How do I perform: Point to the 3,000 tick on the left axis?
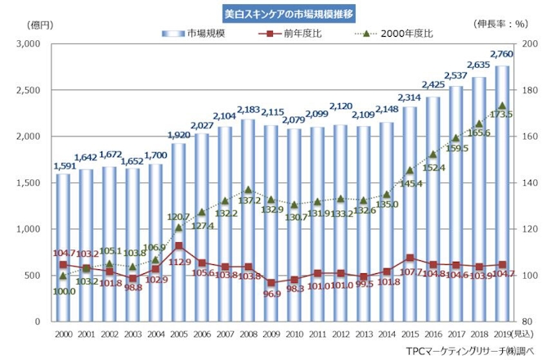pos(29,43)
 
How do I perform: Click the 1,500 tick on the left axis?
pos(29,182)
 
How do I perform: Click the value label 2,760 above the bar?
pos(501,54)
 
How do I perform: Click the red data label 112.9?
pos(178,262)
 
